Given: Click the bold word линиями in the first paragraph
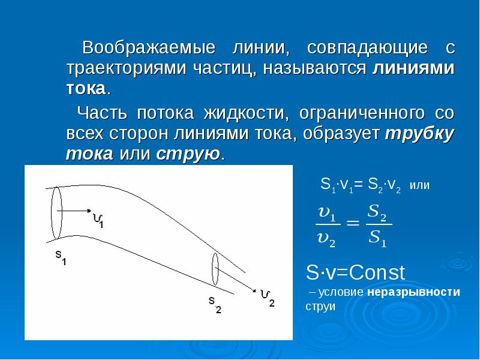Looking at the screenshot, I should click(413, 68).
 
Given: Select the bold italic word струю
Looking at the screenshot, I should click(188, 154).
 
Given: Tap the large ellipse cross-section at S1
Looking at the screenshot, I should click(56, 212).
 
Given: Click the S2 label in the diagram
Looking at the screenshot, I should click(215, 304).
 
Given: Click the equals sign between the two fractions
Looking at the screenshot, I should click(354, 223).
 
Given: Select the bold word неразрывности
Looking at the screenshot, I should click(415, 292).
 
